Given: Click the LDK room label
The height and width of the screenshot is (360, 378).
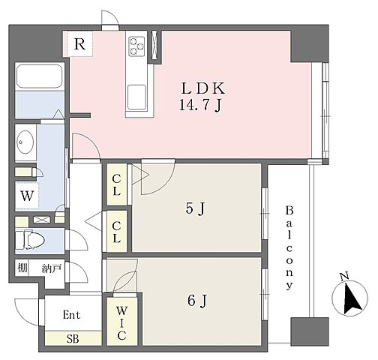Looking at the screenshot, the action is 202,88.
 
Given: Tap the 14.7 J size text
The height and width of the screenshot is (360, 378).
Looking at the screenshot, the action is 200,105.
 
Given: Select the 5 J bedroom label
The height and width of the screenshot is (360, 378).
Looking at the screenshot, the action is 196,208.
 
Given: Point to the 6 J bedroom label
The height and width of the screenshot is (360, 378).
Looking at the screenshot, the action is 197,300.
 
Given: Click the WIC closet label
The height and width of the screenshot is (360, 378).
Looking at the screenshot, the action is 121,323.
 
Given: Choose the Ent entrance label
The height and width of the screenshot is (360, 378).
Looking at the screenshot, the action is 71,315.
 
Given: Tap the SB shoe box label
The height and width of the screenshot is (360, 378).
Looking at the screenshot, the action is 73,339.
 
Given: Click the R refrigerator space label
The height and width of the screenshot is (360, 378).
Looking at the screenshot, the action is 79,44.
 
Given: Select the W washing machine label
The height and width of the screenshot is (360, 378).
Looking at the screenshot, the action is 27,196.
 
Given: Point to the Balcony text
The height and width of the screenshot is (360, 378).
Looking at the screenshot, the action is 289,247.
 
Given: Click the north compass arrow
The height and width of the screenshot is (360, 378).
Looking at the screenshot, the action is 352,298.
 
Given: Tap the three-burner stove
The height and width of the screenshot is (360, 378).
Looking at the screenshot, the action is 136,46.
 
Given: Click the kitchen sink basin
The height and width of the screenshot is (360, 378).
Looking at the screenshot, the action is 136,97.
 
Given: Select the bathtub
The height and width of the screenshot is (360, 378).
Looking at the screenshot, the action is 39,76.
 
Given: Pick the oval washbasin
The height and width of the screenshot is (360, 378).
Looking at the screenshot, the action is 25,142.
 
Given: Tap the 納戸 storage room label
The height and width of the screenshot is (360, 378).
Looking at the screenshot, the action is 52,268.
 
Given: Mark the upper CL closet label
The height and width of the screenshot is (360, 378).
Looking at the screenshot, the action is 116,185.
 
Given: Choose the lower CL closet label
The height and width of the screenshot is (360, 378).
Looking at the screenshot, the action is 116,232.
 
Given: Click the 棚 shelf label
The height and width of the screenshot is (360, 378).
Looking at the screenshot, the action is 22,268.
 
